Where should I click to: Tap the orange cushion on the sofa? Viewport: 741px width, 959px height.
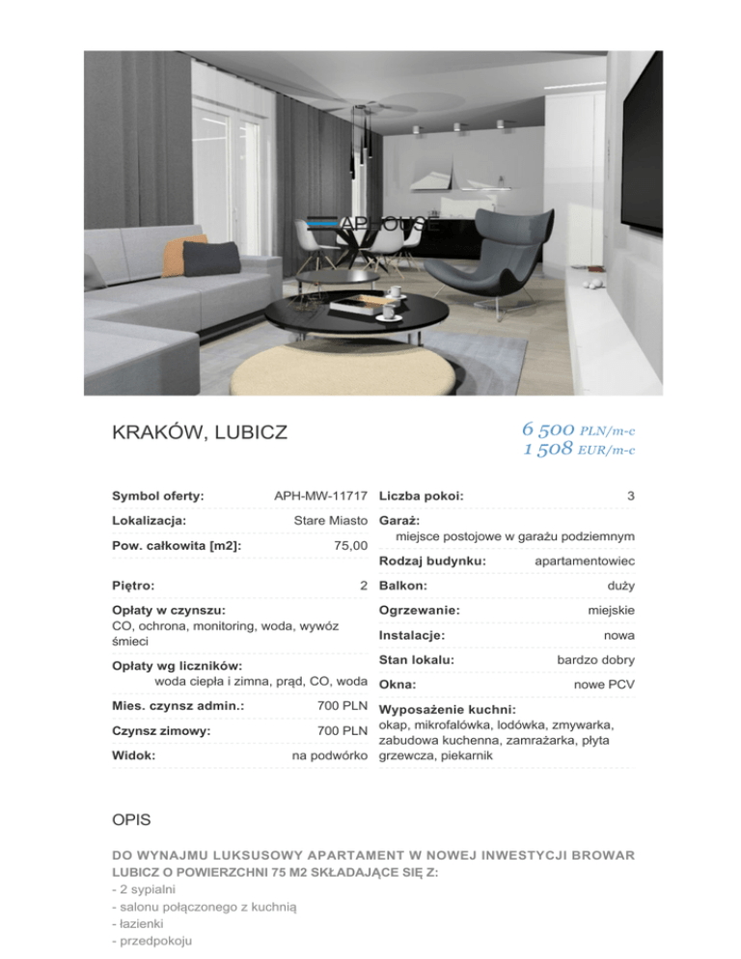tap(173, 253)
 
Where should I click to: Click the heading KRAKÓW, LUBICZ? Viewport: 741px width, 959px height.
tap(200, 432)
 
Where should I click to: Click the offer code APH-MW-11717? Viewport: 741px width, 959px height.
tap(321, 496)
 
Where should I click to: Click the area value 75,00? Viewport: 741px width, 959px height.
tap(348, 546)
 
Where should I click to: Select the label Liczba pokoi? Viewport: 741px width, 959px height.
tap(422, 496)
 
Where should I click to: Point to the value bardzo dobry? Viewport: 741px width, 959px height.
tap(595, 660)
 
